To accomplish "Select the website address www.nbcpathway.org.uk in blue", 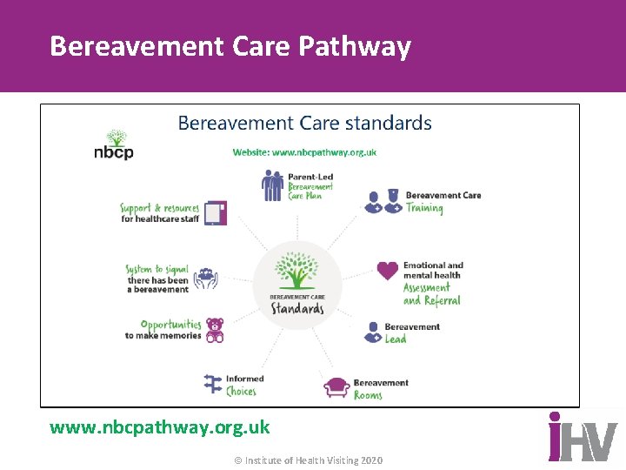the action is (304, 152).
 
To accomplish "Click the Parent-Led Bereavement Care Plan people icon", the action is (273, 185).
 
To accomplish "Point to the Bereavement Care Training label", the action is (443, 201).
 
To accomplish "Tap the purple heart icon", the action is (388, 271).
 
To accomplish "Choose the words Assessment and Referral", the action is (431, 294).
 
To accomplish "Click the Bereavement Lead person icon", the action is (371, 332).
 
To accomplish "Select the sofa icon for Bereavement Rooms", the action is (336, 387).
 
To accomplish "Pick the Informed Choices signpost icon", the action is (213, 384).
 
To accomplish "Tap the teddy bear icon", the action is (214, 330).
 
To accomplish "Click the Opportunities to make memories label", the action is (163, 330).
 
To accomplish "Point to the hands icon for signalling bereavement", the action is (205, 279).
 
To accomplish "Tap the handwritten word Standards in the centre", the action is (297, 309).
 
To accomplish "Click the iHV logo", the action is (582, 437).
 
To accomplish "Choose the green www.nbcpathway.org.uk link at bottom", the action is (160, 427).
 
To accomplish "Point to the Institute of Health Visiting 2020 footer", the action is (309, 460).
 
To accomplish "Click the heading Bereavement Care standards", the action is (304, 123).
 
